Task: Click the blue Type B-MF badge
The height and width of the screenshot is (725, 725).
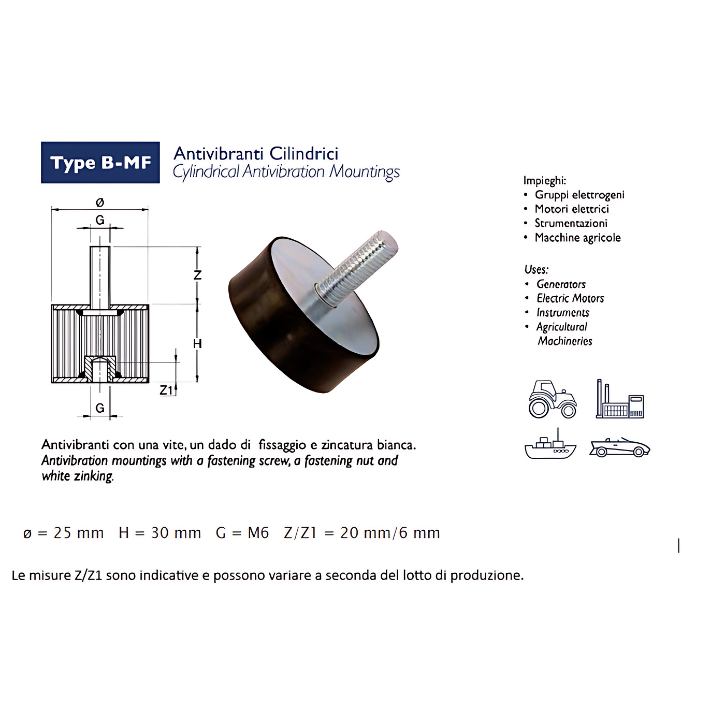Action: click(x=100, y=163)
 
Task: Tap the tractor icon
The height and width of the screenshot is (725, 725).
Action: click(x=553, y=400)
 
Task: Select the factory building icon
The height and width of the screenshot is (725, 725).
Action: click(x=620, y=399)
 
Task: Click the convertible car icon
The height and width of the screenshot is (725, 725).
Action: click(x=620, y=447)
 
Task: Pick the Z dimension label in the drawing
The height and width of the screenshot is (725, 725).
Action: click(x=197, y=275)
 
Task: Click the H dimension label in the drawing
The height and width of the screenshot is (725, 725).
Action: click(x=197, y=343)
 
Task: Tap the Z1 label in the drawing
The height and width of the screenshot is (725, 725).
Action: click(x=166, y=390)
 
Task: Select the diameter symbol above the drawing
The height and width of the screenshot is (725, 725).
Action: click(x=100, y=202)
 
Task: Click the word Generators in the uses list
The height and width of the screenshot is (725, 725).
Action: click(x=561, y=284)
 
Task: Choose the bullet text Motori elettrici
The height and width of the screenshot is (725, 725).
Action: click(x=572, y=209)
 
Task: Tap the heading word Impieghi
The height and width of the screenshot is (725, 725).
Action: click(x=545, y=181)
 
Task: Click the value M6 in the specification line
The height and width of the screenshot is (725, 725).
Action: click(x=258, y=533)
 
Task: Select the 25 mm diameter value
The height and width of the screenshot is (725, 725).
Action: click(x=78, y=533)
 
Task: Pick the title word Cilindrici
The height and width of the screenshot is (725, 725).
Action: click(x=304, y=153)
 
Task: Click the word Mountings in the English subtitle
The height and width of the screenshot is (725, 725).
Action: click(x=364, y=172)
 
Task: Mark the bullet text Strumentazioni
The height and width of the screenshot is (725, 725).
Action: click(x=571, y=223)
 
